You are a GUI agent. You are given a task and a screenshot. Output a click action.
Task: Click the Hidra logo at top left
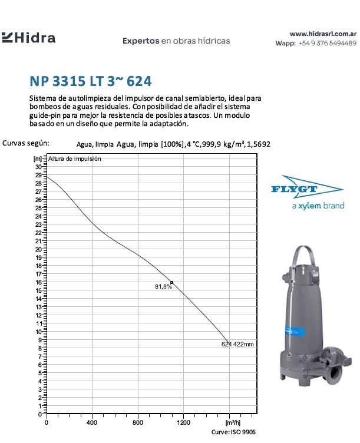[x=29, y=38]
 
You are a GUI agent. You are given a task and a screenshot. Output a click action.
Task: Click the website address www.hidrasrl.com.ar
[x=323, y=34]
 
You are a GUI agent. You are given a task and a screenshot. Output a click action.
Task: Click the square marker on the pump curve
[x=171, y=283]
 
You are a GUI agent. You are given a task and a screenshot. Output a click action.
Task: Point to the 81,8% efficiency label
[x=163, y=287]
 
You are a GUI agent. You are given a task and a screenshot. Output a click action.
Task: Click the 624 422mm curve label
[x=237, y=344]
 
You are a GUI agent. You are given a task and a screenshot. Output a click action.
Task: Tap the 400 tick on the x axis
[x=92, y=422]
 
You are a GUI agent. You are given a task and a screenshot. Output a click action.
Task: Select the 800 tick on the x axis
[x=138, y=422]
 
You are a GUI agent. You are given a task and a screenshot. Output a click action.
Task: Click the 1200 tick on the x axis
[x=184, y=422]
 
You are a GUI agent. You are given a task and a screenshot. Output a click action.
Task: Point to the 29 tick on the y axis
[x=39, y=176]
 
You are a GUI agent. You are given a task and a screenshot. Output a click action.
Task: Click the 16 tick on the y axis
[x=39, y=283]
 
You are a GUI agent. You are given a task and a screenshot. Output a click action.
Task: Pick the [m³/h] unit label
[x=233, y=422]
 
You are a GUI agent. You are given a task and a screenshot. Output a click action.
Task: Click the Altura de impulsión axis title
[x=75, y=159]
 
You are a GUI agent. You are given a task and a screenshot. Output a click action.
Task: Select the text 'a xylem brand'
[x=318, y=206]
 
